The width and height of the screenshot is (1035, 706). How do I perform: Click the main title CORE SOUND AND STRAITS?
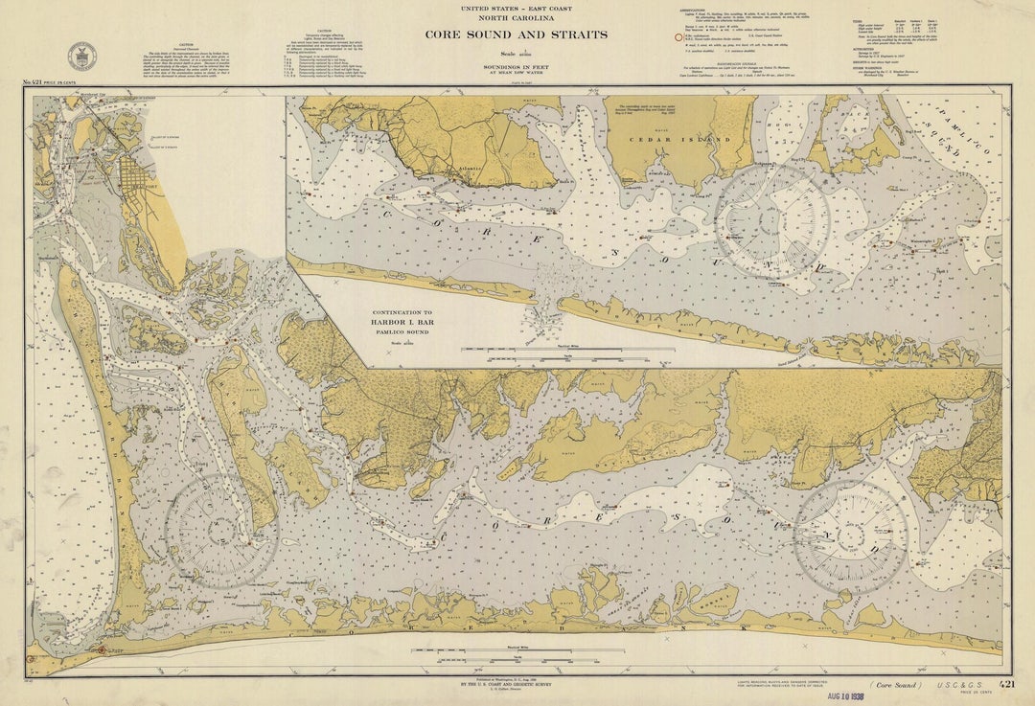[517, 34]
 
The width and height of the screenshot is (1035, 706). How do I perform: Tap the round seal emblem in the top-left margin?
[81, 56]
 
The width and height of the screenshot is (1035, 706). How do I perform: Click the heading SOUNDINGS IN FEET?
[517, 65]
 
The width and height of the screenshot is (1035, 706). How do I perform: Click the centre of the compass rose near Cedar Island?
[772, 221]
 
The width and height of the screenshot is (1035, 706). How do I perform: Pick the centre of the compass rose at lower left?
[221, 531]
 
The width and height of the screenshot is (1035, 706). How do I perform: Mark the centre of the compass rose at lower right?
[850, 537]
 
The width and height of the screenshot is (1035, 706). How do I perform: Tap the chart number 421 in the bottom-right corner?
[1005, 685]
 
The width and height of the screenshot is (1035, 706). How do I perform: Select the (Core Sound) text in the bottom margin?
[896, 685]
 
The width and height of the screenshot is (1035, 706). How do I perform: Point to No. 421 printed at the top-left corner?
[39, 83]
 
